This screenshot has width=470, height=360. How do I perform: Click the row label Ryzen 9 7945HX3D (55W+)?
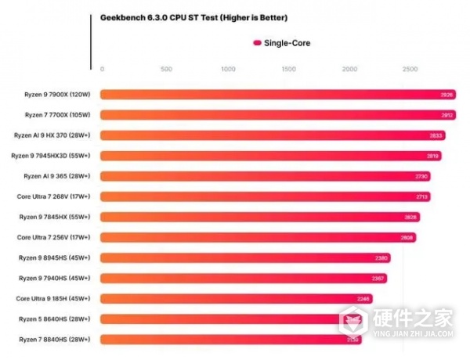[51, 156]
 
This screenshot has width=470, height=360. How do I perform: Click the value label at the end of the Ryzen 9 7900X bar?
[446, 95]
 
